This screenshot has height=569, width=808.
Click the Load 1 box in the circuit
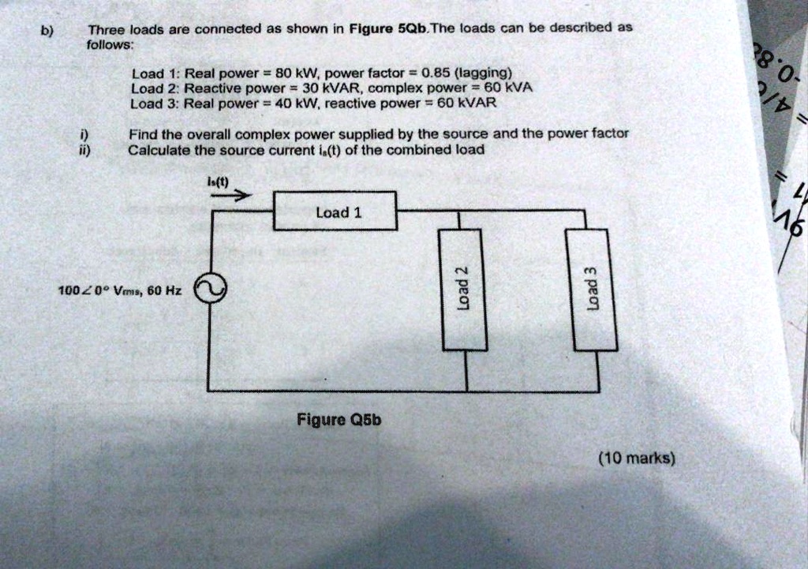point(335,212)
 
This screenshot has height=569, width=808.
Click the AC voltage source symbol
point(211,290)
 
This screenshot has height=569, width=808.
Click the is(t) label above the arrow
point(217,181)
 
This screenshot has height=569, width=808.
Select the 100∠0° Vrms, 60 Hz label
point(120,290)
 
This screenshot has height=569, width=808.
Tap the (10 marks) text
point(637,458)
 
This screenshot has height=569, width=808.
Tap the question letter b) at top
point(47,31)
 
